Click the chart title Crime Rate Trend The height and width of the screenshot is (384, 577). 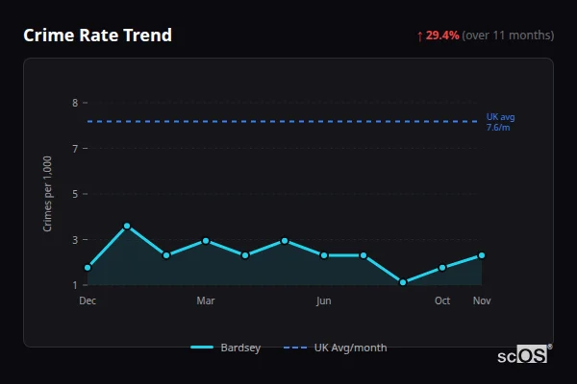coord(98,36)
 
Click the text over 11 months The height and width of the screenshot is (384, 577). coord(508,36)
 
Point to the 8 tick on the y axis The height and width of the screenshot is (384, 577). coord(75,103)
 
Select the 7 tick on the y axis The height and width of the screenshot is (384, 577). coord(75,149)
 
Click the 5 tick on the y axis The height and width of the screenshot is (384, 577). coord(75,194)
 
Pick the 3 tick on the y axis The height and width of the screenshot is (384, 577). coord(75,240)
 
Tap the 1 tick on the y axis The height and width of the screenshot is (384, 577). coord(75,285)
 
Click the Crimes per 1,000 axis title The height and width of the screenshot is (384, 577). coord(48,194)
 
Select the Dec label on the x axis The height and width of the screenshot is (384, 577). coord(88,300)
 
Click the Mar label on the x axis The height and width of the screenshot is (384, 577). coord(206,300)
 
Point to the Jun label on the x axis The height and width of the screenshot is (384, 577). coord(324,300)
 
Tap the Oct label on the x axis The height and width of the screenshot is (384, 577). coord(442,300)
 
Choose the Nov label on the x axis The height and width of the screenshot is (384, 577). coord(482,300)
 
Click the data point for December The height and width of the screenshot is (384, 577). coord(88,268)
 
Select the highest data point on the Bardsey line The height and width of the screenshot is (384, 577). coord(127,226)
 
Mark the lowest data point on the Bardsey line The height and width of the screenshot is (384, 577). coord(403,282)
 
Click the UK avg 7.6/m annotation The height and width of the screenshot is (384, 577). coord(500,122)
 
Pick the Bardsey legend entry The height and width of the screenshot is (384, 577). coord(226,348)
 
